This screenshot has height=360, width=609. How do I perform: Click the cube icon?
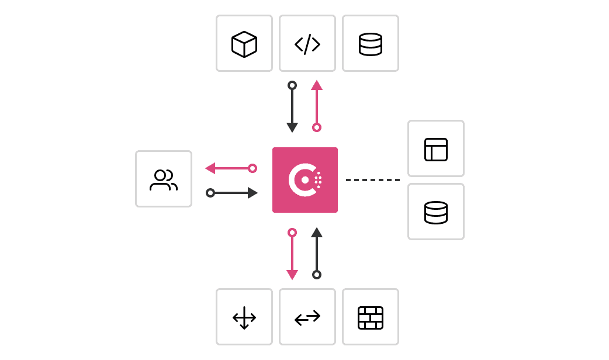[244, 44]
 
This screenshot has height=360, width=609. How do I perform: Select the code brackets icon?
[307, 44]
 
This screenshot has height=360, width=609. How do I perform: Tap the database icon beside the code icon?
[371, 44]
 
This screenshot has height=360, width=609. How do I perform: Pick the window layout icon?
[436, 149]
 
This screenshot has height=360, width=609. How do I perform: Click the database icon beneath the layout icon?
[436, 212]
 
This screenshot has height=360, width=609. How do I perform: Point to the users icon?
[164, 179]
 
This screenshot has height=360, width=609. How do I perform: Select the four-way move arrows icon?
[244, 317]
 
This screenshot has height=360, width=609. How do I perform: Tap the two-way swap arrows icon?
[307, 317]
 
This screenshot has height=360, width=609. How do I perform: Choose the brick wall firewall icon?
[371, 317]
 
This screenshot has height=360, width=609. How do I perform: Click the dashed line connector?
[373, 180]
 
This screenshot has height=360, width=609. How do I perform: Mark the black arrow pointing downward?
[292, 109]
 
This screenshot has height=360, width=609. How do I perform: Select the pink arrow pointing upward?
[317, 105]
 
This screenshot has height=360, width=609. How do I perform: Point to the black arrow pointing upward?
[317, 251]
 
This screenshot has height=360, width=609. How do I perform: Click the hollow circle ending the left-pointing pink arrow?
[252, 168]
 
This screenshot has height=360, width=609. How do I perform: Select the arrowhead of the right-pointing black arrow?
[252, 193]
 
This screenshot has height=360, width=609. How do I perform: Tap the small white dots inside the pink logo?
[318, 180]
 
